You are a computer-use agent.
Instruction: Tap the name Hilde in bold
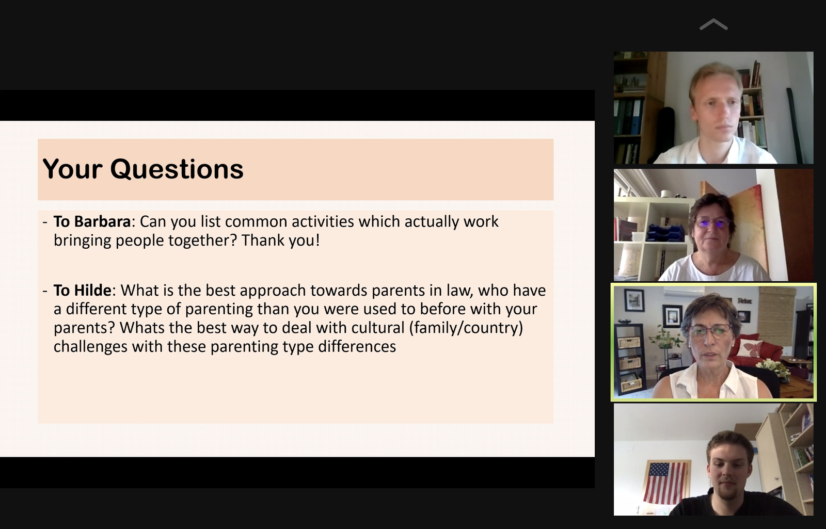pyautogui.click(x=93, y=291)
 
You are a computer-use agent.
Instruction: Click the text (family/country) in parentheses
pyautogui.click(x=466, y=328)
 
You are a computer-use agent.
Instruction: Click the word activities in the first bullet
pyautogui.click(x=323, y=221)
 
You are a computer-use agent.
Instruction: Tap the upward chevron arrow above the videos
pyautogui.click(x=713, y=24)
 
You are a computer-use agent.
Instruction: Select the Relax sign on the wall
pyautogui.click(x=744, y=301)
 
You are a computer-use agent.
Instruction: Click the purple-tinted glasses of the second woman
pyautogui.click(x=712, y=223)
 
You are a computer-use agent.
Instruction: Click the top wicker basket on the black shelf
pyautogui.click(x=629, y=343)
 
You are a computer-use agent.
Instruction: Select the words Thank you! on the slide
pyautogui.click(x=281, y=241)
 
